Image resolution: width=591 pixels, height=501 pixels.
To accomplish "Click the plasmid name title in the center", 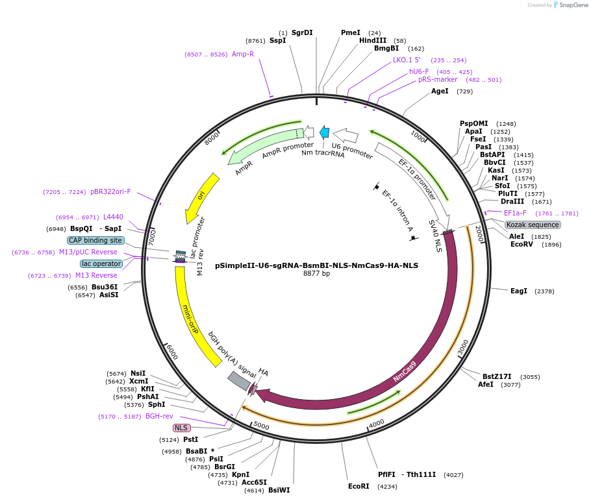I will [316, 265].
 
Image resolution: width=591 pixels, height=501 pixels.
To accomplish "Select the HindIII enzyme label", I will [372, 40].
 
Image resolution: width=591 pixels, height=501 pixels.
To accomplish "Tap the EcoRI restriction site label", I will [358, 486].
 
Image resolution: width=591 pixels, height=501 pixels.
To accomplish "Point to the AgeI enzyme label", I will [440, 92].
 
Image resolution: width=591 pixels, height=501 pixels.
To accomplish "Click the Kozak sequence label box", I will [533, 225].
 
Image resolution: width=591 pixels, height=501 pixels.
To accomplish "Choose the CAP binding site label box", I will [95, 240].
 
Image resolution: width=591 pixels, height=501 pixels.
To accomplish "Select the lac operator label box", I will [101, 263].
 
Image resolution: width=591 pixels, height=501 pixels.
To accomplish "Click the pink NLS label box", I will [181, 428].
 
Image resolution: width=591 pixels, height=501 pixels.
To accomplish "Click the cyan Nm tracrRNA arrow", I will [325, 132].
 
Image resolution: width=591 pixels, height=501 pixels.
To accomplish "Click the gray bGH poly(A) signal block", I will [238, 381].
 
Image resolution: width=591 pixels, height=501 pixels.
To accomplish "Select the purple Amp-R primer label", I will [243, 55].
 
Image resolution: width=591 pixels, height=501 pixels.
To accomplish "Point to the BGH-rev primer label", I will [159, 417].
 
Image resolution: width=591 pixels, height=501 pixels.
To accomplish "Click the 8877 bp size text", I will [316, 274].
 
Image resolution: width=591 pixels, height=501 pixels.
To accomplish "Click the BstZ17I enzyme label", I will [497, 376].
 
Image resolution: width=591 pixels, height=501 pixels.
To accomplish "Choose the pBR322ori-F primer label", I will [110, 191].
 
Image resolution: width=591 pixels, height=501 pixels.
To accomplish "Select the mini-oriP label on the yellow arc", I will [190, 319].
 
